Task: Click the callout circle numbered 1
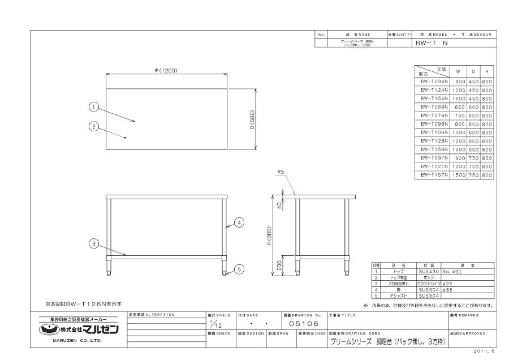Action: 94,106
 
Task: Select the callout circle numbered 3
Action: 94,244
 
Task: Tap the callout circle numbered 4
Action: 239,223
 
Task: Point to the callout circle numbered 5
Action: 239,269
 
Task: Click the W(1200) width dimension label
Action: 166,70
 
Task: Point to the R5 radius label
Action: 281,174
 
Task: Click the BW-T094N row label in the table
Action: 434,82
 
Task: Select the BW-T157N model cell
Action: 434,175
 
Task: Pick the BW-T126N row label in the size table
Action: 434,142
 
